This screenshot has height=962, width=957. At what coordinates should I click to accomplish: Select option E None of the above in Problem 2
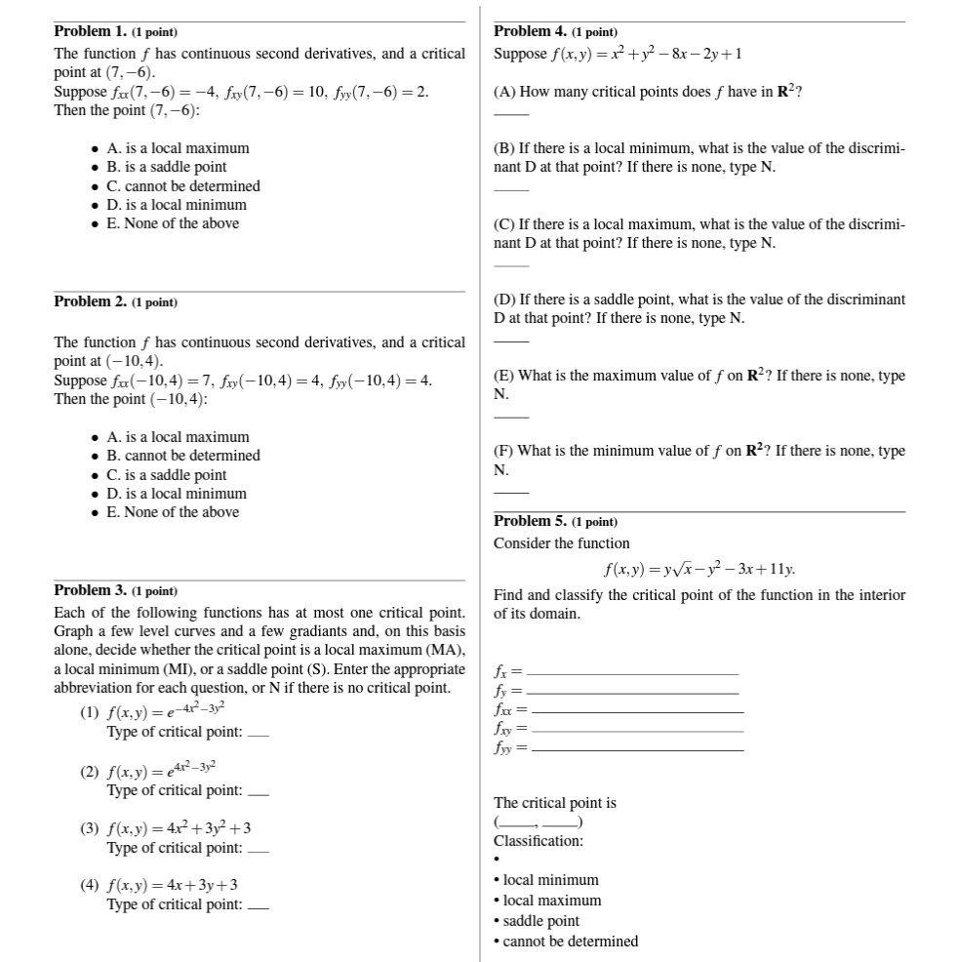(172, 512)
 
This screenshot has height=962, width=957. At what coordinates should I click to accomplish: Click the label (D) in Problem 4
(504, 300)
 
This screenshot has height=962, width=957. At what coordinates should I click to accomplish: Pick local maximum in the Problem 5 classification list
(551, 901)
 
